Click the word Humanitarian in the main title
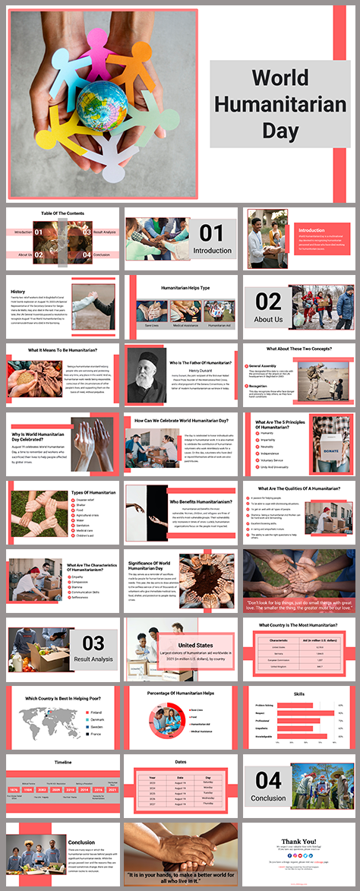point(280,104)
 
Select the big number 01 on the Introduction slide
point(212,232)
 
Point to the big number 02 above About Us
point(268,302)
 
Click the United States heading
point(196,645)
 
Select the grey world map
point(44,720)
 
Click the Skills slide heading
point(299,694)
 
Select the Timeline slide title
point(63,761)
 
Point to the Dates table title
point(181,761)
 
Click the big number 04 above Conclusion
point(268,780)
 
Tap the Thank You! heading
point(300,841)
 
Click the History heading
point(18,292)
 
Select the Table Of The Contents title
point(63,213)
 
